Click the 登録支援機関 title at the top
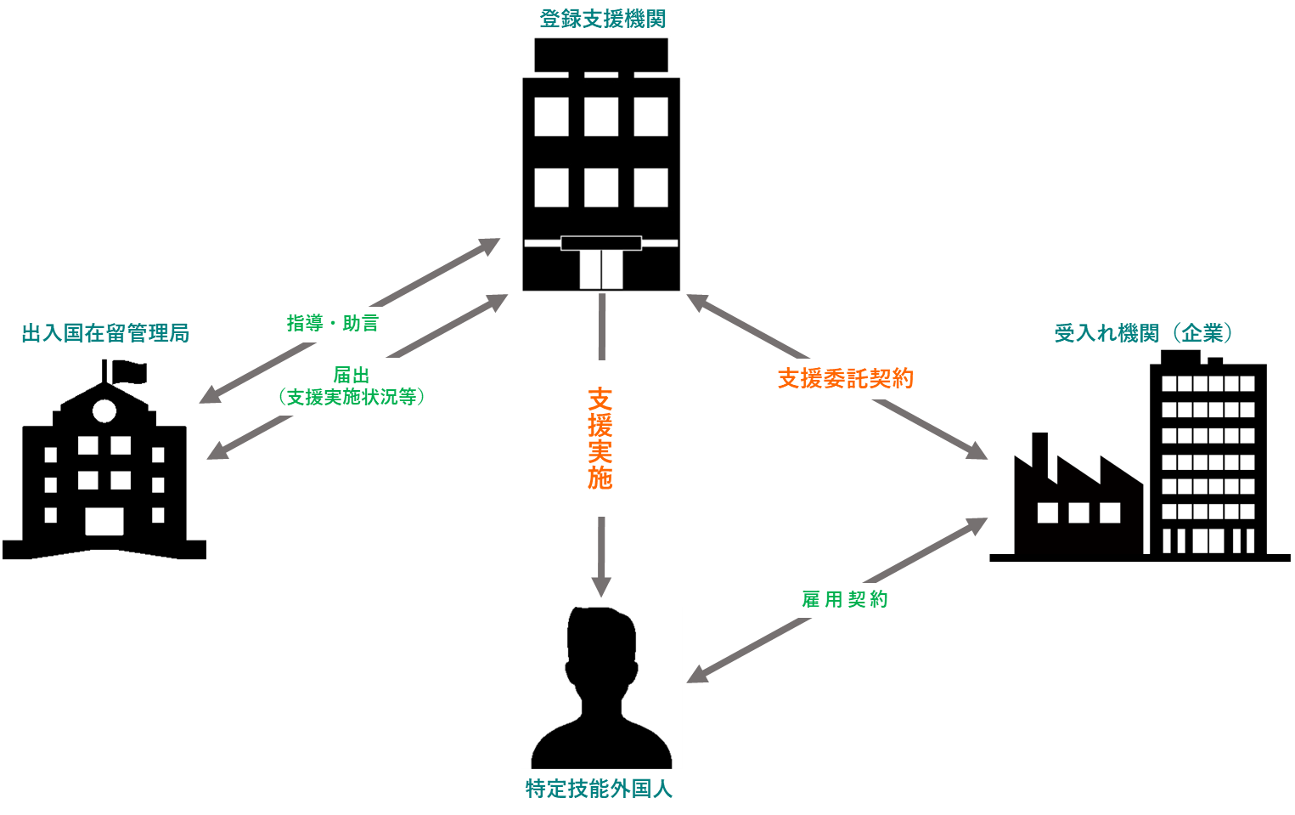tap(602, 19)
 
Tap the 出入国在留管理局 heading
tap(105, 333)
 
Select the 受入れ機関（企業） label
tap(1143, 333)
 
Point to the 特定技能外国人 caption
tap(599, 790)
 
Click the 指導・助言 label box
tap(332, 324)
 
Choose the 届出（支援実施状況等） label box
tap(352, 387)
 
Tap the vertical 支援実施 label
tap(600, 439)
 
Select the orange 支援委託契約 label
tap(845, 379)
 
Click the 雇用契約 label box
tap(845, 600)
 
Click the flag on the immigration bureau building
tap(127, 371)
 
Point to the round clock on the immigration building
tap(104, 411)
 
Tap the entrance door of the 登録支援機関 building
tap(601, 269)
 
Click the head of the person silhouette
tap(601, 646)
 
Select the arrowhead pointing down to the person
tap(601, 586)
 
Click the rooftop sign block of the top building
tap(601, 54)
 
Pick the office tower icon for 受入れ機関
tap(1208, 450)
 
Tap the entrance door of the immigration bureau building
tap(104, 521)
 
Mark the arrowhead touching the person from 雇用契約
tap(697, 674)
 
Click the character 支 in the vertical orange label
tap(600, 399)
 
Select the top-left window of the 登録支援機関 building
tap(551, 117)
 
